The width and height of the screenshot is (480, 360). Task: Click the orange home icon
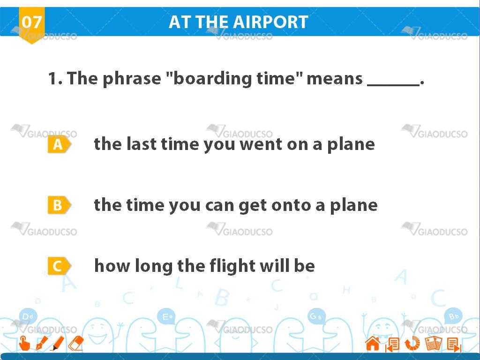[x=373, y=343]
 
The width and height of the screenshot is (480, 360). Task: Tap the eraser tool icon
[x=75, y=343]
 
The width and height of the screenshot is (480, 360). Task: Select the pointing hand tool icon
[x=24, y=343]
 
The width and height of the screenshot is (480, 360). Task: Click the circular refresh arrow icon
[x=412, y=343]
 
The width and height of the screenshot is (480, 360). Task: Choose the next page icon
[x=454, y=344]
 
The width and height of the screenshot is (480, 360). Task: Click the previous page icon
[x=392, y=344]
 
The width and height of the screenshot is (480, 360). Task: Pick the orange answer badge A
[x=59, y=144]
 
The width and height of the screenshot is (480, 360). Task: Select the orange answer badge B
[x=59, y=205]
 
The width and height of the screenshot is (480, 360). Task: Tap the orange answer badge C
[x=59, y=266]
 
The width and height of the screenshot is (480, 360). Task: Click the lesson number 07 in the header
[x=32, y=22]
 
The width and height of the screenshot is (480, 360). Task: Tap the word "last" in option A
[x=141, y=144]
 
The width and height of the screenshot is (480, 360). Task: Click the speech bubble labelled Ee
[x=167, y=316]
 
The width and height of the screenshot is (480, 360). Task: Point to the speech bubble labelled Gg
[x=316, y=316]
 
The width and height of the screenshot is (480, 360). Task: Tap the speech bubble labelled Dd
[x=28, y=316]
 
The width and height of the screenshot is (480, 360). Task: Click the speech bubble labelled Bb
[x=454, y=316]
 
